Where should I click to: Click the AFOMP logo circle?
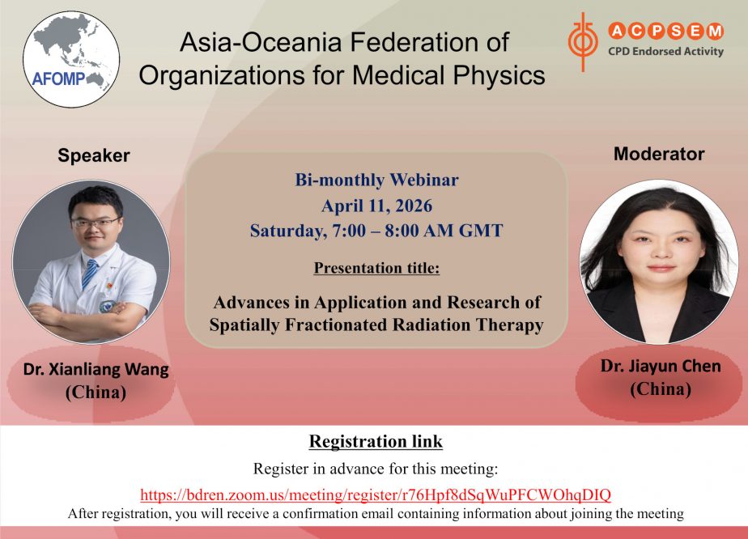[x=71, y=58]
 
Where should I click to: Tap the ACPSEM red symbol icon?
[x=580, y=40]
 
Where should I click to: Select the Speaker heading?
[x=93, y=155]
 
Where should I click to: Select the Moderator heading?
[x=658, y=154]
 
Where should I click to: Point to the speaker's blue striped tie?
[x=89, y=274]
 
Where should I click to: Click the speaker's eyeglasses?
[x=95, y=222]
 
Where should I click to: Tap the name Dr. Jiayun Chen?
[x=661, y=367]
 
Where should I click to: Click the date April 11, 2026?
[x=376, y=206]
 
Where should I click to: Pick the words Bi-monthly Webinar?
[x=376, y=180]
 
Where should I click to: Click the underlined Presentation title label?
[x=376, y=268]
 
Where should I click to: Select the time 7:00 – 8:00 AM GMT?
[x=419, y=231]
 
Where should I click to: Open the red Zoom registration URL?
[x=376, y=494]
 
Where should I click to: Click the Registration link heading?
[x=376, y=441]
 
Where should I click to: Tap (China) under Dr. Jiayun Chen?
[x=661, y=389]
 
